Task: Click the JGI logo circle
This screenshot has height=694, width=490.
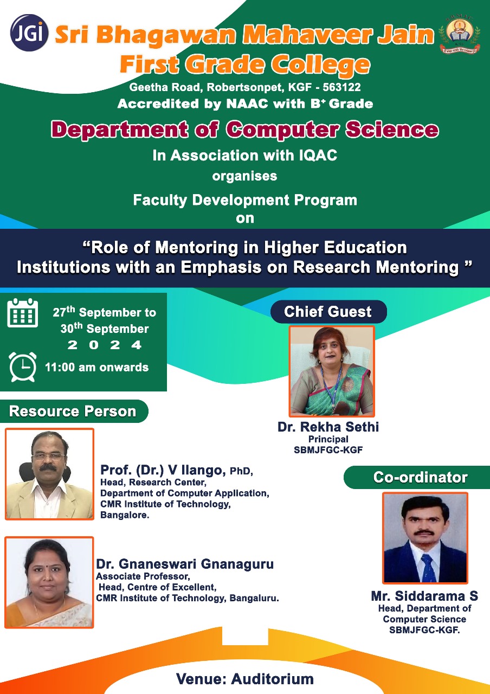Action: click(x=29, y=33)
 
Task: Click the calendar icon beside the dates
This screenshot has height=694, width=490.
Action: click(x=23, y=313)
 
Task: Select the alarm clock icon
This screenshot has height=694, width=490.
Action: click(x=23, y=367)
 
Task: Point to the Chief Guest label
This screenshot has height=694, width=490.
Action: click(x=328, y=312)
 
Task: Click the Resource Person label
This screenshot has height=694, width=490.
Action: click(x=73, y=411)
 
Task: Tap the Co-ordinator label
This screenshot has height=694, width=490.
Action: click(x=420, y=477)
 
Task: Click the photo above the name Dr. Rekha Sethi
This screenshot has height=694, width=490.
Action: click(x=332, y=371)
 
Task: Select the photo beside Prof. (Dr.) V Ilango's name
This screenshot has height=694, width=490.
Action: click(x=49, y=474)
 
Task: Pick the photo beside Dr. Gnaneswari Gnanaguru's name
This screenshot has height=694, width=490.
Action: click(x=49, y=582)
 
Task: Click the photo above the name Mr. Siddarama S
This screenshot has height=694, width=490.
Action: click(x=425, y=538)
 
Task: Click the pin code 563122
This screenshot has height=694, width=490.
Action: click(x=341, y=87)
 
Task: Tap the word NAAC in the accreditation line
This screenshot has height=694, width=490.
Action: click(x=247, y=104)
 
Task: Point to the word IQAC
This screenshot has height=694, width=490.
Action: click(x=318, y=155)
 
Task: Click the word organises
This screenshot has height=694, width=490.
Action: click(x=244, y=176)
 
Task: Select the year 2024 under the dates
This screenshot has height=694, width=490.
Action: click(x=105, y=345)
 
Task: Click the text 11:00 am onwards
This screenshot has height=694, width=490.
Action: click(x=97, y=368)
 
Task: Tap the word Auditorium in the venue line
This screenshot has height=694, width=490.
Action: click(x=273, y=679)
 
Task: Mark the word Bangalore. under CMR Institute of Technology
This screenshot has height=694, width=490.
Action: click(x=125, y=515)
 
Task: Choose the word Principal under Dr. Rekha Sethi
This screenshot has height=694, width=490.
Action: click(x=328, y=439)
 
